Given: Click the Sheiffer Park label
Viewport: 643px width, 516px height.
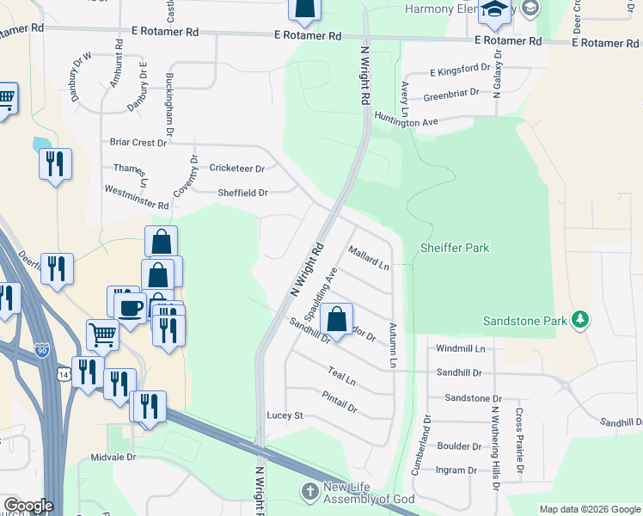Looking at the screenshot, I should point(454,249).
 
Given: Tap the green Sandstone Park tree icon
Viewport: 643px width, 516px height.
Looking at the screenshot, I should point(581,320).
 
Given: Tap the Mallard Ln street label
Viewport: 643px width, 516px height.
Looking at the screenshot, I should point(369,258).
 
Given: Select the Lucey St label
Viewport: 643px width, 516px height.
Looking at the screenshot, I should point(286,415).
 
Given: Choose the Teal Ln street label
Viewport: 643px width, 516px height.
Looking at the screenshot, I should point(342,375).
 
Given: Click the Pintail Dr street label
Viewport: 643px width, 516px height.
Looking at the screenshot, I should point(339,402).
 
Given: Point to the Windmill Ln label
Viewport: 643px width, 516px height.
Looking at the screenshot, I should point(460,348).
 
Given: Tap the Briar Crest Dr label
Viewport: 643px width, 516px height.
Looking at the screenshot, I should point(138,142).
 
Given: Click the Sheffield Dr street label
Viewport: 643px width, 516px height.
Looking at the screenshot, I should point(243,193).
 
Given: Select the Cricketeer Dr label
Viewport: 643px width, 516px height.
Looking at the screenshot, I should point(236,169).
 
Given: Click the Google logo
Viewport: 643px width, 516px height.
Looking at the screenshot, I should point(28,506).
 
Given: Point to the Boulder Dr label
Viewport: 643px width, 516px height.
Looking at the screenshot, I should point(459,446).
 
